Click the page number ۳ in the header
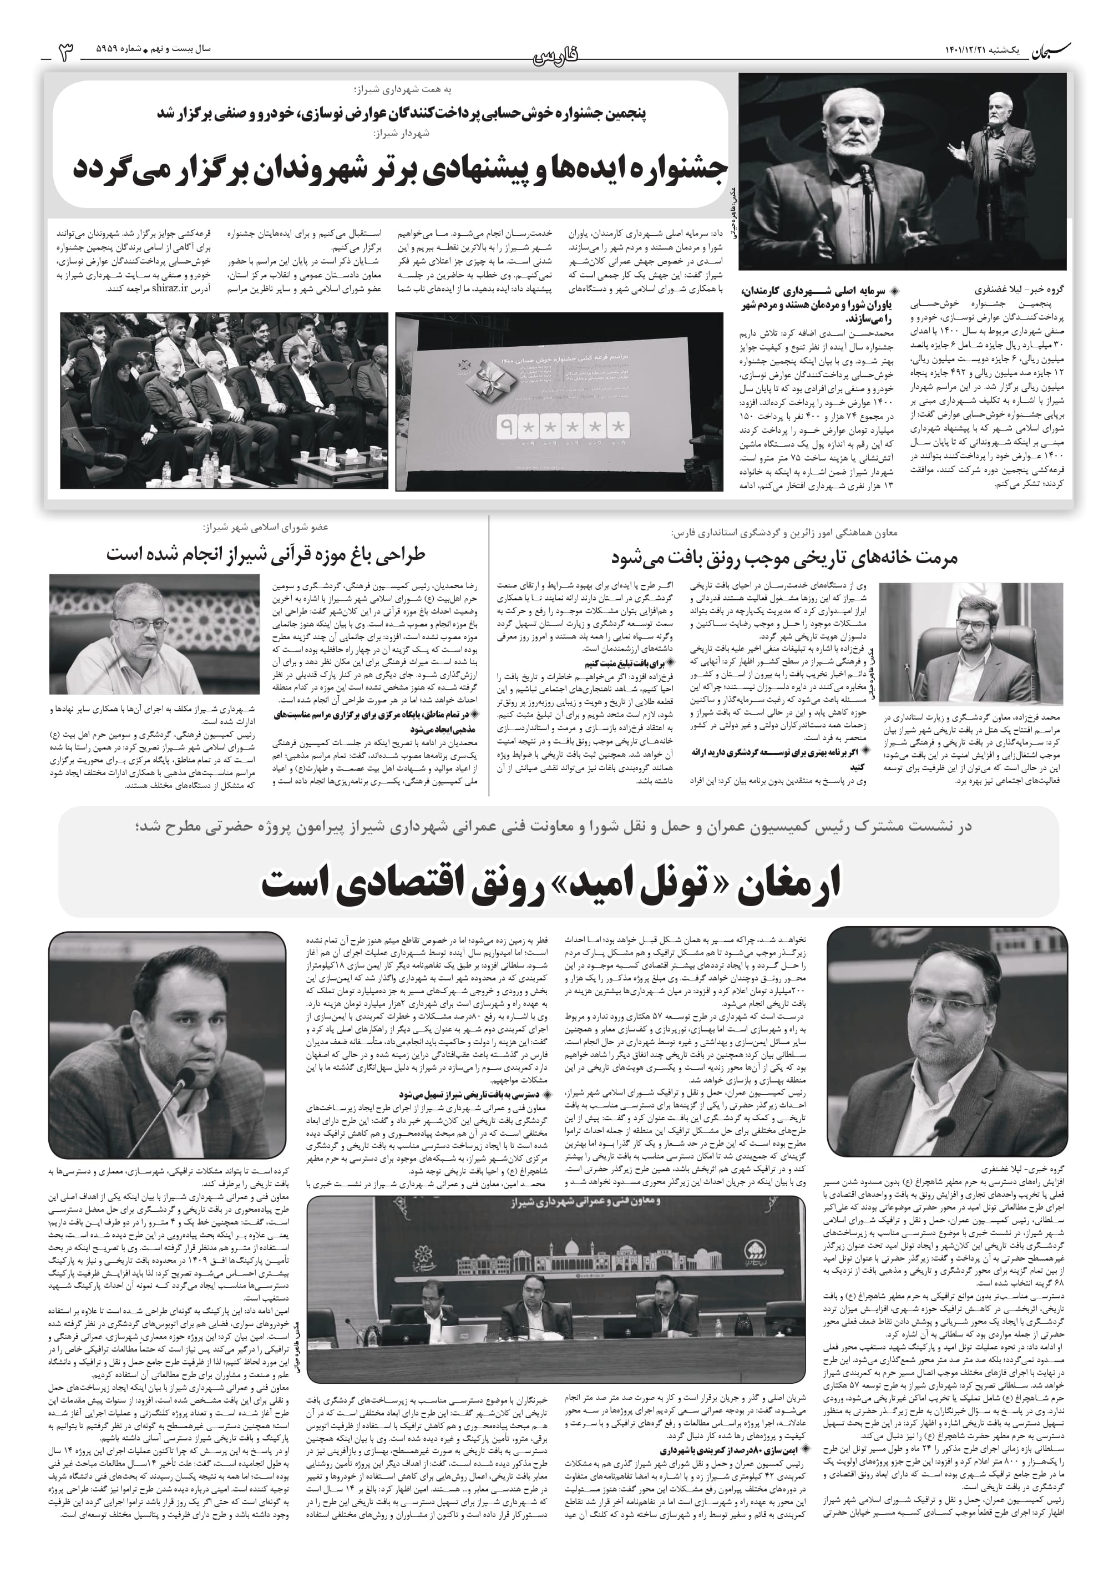pyautogui.click(x=67, y=52)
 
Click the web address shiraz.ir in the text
pyautogui.click(x=171, y=289)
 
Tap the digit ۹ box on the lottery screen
pyautogui.click(x=507, y=427)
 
